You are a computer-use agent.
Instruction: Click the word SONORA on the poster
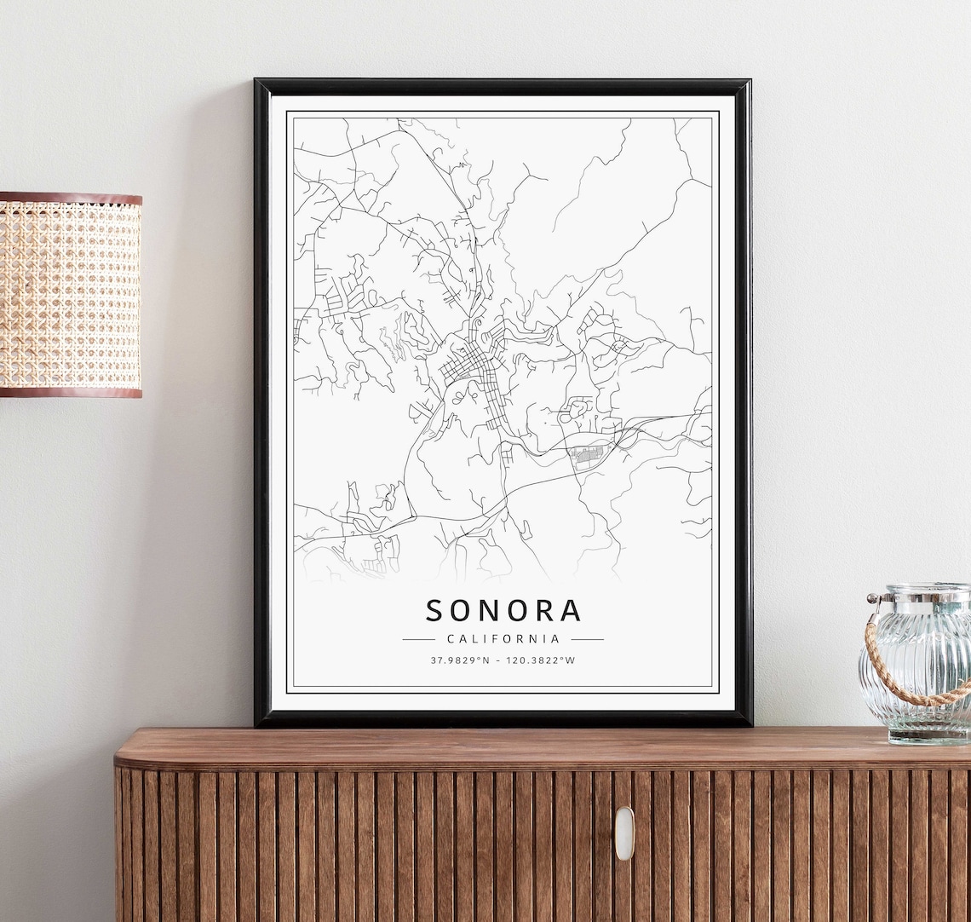coord(503,610)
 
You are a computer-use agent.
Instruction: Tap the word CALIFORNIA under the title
coord(503,638)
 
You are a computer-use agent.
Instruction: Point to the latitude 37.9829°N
coord(460,660)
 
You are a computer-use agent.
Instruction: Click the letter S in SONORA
coord(434,610)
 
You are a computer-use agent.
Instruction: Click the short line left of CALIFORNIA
coord(418,638)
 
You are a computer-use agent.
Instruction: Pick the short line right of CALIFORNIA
coord(587,638)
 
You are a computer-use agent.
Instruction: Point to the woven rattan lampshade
coord(70,294)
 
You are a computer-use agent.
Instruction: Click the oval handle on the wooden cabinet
coord(624,833)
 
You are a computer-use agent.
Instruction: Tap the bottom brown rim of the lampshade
coord(70,392)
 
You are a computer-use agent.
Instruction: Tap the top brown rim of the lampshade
coord(70,199)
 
